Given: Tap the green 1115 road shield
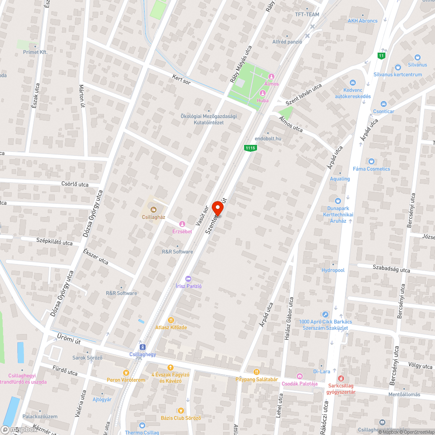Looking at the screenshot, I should [250, 148].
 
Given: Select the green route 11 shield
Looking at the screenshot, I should [381, 56].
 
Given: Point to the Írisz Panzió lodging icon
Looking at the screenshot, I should [188, 278].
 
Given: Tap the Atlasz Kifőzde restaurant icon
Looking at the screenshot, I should [171, 320].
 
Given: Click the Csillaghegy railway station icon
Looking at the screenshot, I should [142, 347].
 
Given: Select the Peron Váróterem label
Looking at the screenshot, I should [126, 380].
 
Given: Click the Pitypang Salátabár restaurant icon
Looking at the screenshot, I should [257, 372].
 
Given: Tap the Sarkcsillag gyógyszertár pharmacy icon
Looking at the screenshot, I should [341, 379].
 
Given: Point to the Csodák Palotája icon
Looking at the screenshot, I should [299, 376].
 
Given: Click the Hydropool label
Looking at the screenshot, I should [333, 270].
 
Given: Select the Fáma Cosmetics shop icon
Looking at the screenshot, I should [371, 161].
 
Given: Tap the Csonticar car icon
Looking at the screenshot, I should [383, 104].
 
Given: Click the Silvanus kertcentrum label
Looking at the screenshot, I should [398, 74].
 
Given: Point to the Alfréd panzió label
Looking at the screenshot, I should [287, 42].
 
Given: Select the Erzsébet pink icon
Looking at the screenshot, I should [182, 224].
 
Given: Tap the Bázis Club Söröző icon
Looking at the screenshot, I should [181, 410].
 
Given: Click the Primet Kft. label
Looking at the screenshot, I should [35, 52].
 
